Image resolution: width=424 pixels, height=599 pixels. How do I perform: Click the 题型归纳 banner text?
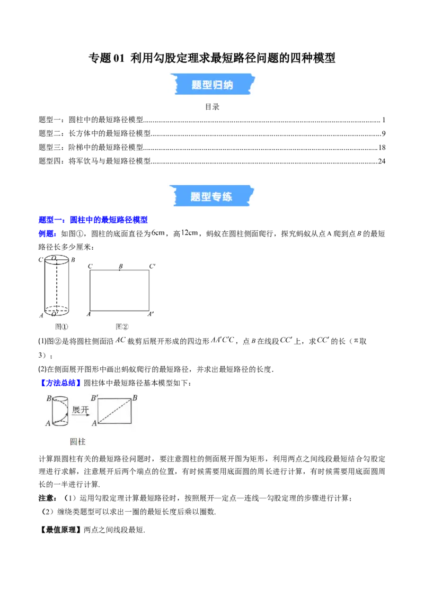212,85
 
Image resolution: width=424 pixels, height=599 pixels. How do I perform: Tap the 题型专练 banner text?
211,197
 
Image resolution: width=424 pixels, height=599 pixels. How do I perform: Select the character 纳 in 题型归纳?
228,85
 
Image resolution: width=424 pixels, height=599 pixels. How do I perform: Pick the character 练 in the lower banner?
227,197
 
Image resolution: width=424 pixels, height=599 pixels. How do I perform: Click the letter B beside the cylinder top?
49,398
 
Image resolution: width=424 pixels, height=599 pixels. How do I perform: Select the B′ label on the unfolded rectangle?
95,398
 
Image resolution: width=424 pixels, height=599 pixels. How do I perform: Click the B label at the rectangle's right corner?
135,398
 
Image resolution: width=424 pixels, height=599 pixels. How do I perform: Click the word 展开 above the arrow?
80,410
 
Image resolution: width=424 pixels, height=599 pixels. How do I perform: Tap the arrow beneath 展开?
81,415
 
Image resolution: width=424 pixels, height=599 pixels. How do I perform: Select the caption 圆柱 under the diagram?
78,442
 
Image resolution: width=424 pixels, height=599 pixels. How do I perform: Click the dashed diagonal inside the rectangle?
114,411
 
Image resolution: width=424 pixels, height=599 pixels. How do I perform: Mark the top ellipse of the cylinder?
60,400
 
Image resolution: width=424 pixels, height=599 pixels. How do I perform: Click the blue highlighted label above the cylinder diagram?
59,383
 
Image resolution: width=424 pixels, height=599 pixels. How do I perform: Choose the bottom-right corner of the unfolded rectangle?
131,423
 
